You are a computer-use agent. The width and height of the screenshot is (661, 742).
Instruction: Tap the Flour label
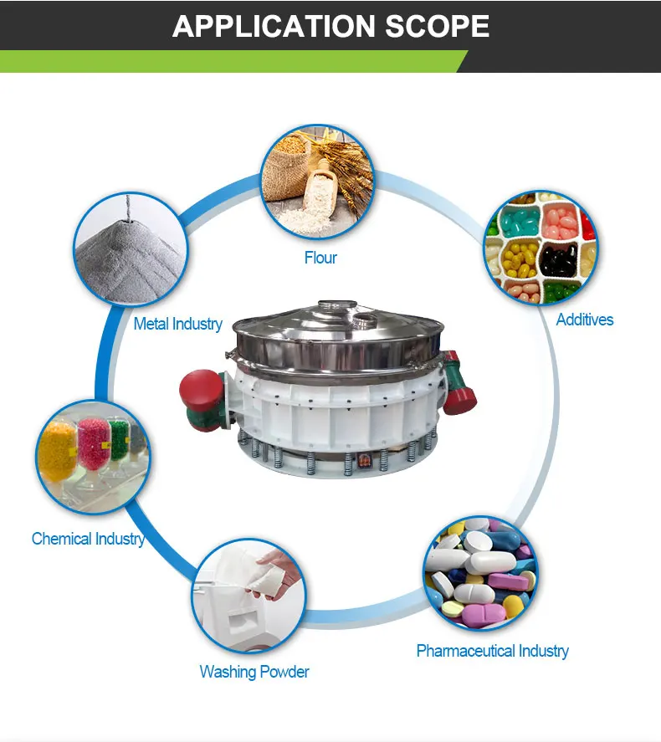tap(320, 258)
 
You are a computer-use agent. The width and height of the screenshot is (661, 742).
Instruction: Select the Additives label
tap(584, 320)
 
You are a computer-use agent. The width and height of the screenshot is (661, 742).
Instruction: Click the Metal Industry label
tap(177, 324)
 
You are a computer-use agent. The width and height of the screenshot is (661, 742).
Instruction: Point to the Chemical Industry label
tap(88, 539)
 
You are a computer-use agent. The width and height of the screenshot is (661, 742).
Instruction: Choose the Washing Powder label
tap(254, 672)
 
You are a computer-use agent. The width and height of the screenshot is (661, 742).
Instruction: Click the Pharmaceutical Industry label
tap(492, 651)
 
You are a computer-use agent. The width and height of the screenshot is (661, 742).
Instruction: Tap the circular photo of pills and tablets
tap(479, 572)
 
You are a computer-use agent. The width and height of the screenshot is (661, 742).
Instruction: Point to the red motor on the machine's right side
tap(459, 381)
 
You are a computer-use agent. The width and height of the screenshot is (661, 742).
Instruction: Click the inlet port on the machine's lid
tap(365, 320)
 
